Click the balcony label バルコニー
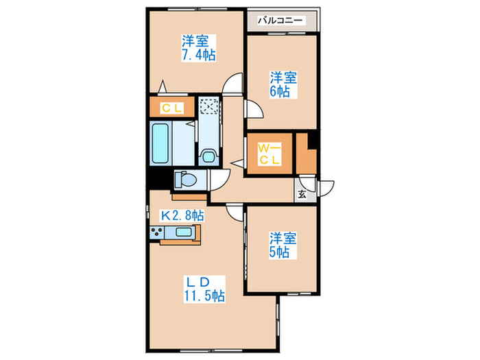coord(280,21)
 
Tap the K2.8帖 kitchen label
coord(182,215)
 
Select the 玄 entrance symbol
coord(302,194)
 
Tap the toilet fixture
coord(185,180)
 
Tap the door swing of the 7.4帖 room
coord(234,83)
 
